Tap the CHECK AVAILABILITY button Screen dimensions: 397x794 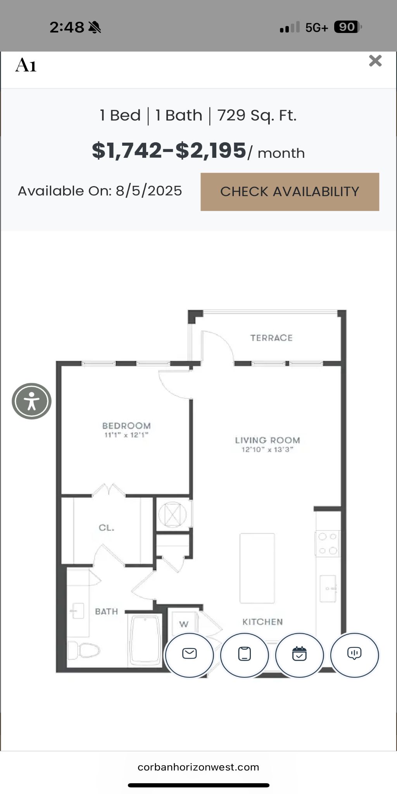[290, 192]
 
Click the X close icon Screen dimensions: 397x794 [375, 61]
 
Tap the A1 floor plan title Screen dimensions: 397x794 [26, 65]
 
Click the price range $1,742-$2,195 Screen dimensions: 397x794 [169, 150]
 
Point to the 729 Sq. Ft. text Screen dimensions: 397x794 [257, 116]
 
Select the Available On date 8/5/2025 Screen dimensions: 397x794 [149, 191]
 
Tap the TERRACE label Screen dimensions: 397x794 [271, 338]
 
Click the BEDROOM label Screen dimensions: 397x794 [126, 426]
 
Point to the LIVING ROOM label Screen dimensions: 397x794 [268, 440]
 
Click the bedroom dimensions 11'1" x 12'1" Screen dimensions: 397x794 [126, 435]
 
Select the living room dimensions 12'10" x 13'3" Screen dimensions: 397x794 [268, 450]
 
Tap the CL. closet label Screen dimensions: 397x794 [106, 528]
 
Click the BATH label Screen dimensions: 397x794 [106, 611]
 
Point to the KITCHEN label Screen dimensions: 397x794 [262, 622]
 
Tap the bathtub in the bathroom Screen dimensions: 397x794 [145, 640]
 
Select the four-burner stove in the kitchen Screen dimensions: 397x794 [328, 544]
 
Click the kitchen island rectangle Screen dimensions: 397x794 [257, 568]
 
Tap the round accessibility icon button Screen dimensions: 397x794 [31, 401]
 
